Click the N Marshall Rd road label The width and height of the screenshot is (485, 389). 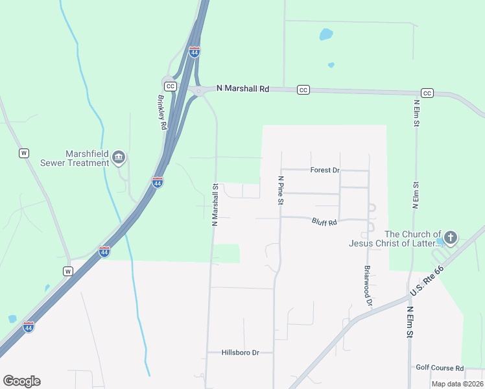242,88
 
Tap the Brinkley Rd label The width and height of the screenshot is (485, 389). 163,113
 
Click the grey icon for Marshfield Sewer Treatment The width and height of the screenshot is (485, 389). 119,157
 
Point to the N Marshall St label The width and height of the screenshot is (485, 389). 215,204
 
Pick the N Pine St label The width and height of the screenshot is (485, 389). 281,190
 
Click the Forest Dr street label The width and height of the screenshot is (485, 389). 325,171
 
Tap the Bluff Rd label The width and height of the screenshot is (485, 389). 324,222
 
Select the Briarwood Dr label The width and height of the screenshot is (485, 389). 368,285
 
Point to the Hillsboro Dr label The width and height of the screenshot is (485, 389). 240,353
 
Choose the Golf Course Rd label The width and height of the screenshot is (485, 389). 440,368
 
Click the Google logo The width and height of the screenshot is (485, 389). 21,381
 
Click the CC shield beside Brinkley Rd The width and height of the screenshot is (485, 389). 170,86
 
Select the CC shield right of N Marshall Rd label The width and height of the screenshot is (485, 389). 303,89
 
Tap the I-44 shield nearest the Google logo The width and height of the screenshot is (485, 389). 28,326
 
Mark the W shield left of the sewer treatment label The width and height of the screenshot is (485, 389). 24,153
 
